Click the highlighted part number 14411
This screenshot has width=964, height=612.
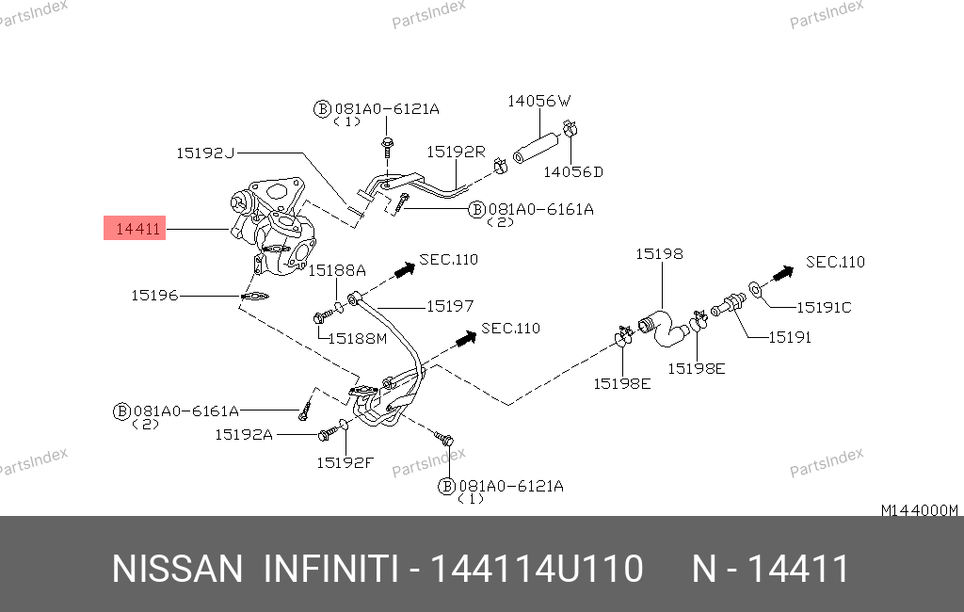(135, 228)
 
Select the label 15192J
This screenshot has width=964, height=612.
(204, 152)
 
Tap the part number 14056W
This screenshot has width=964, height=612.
(539, 101)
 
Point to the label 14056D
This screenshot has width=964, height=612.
(572, 171)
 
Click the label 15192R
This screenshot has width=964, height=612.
(455, 151)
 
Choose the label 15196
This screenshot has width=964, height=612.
(154, 296)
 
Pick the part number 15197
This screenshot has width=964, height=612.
(450, 306)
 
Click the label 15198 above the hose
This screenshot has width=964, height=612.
(659, 254)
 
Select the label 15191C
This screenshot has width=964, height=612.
(824, 307)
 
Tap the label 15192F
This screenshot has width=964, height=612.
(345, 462)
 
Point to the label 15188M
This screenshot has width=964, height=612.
(358, 337)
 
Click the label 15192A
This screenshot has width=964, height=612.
(243, 434)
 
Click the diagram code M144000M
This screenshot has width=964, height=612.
(919, 510)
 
